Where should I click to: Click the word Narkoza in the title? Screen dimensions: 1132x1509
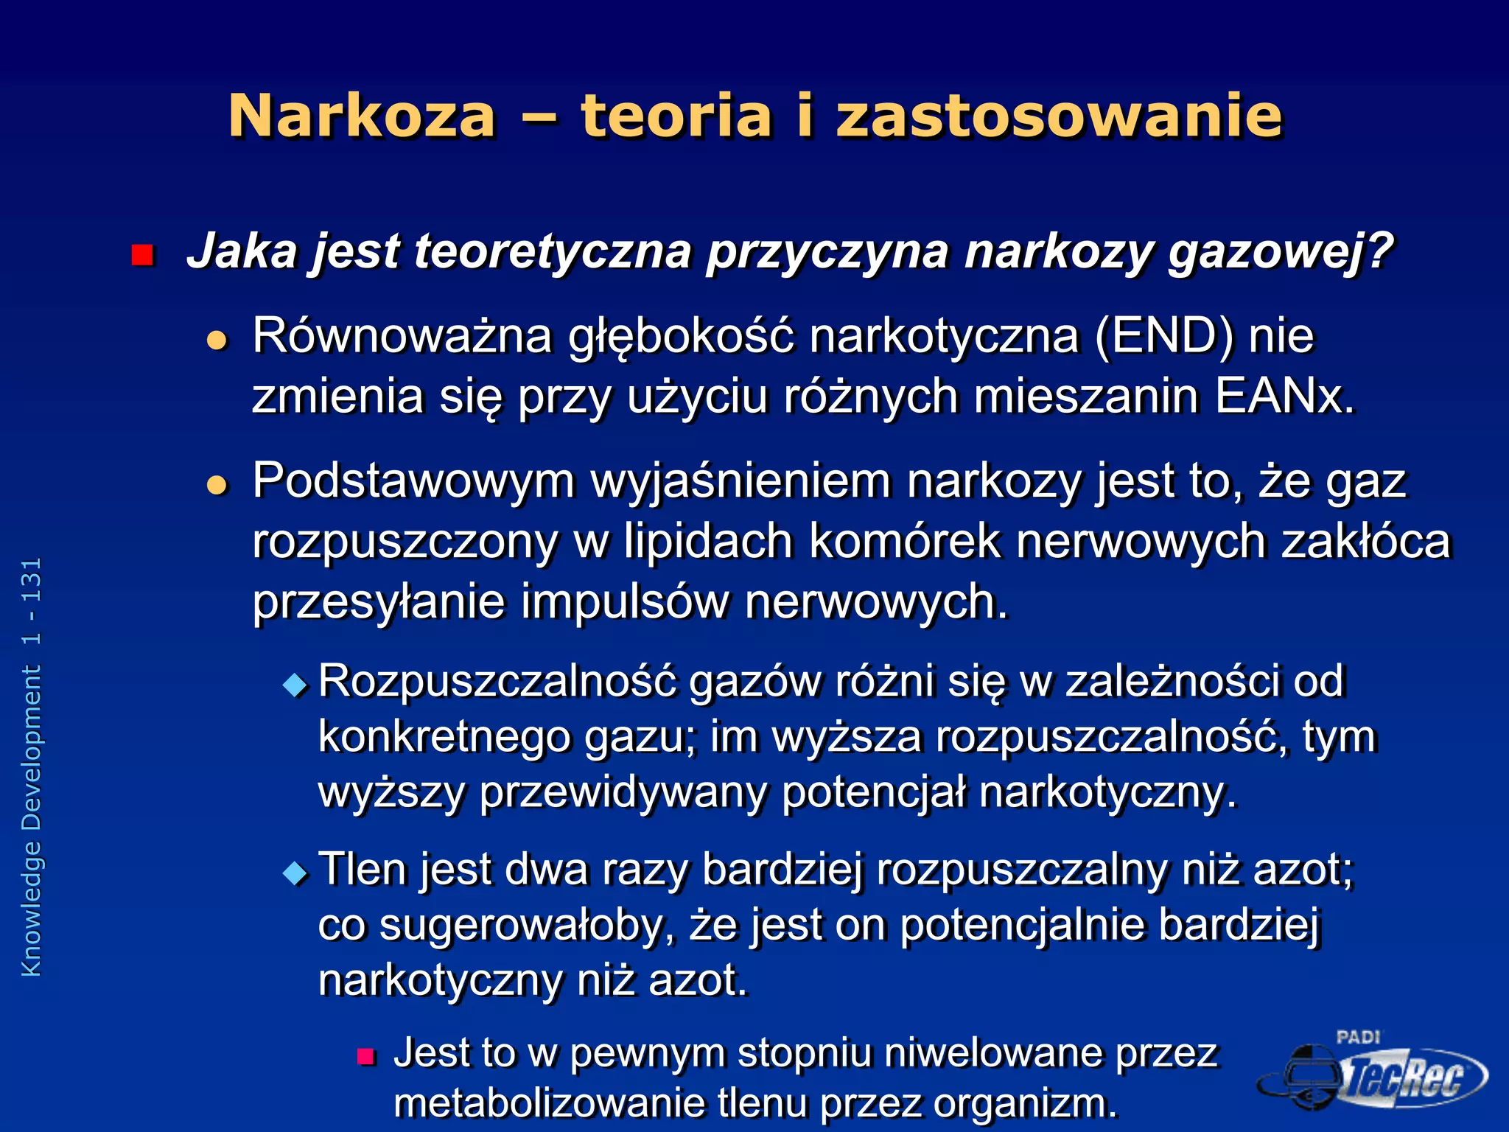point(362,116)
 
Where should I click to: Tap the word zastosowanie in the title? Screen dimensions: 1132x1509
point(1060,116)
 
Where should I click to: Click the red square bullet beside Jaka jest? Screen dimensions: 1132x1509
point(141,255)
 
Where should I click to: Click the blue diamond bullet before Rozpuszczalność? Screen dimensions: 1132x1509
point(295,686)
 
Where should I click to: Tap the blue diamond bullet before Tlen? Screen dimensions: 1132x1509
point(295,874)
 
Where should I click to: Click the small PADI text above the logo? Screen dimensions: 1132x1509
point(1358,1038)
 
